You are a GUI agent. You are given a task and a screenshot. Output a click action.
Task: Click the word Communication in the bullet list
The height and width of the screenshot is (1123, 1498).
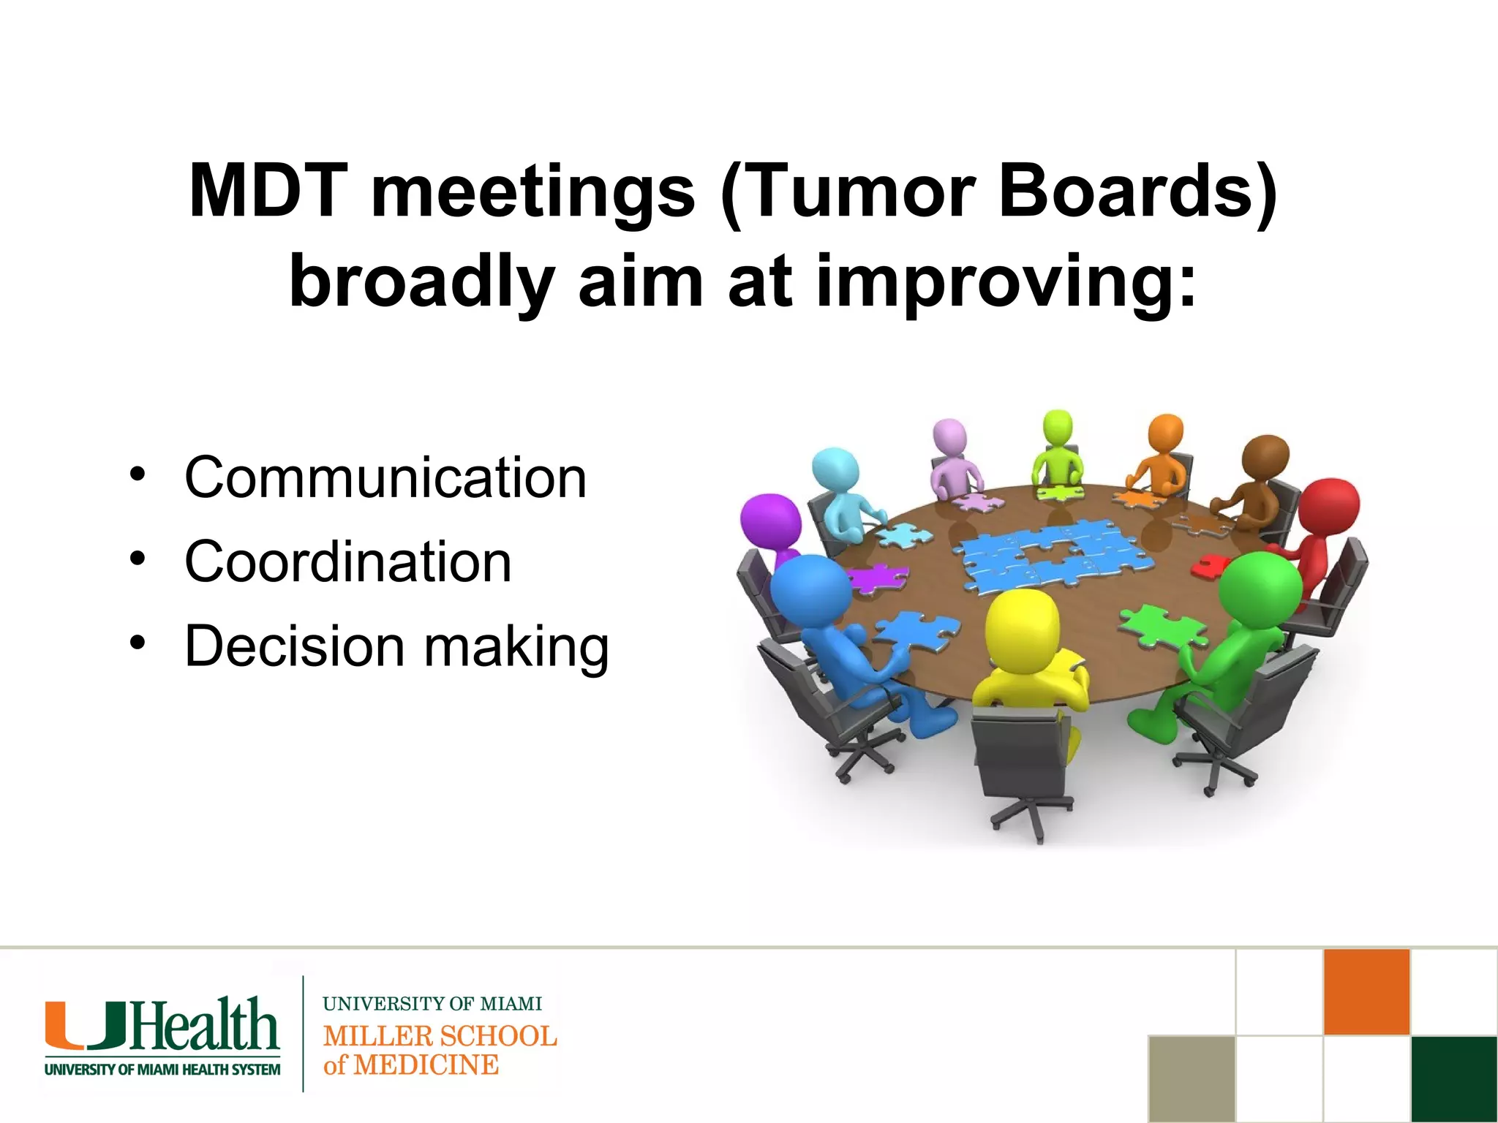tap(385, 477)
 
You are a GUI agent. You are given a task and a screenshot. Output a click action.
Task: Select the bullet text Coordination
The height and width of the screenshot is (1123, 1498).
tap(348, 561)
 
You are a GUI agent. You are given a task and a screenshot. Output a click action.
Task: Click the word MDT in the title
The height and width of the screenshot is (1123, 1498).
tap(268, 192)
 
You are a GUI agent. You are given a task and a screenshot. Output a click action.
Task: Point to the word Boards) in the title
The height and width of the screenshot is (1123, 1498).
tap(1137, 192)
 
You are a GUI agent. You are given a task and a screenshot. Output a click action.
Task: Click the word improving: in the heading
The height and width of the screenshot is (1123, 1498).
tap(1006, 282)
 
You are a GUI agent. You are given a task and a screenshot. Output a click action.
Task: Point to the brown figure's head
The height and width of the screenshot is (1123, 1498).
tap(1265, 456)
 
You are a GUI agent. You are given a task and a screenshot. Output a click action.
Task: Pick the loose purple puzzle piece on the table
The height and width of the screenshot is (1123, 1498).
tap(878, 578)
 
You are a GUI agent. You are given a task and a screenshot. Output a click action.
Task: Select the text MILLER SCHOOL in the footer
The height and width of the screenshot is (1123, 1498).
tap(440, 1036)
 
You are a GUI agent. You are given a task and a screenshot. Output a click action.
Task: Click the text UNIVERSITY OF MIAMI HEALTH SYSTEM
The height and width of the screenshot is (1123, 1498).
tap(162, 1070)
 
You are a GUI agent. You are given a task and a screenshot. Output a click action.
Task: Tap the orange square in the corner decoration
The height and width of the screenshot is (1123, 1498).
tap(1366, 992)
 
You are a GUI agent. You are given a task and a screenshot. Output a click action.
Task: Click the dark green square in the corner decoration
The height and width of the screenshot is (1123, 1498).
tap(1453, 1078)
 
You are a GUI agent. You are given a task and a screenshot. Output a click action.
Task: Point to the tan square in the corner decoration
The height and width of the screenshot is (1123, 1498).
tap(1192, 1078)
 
